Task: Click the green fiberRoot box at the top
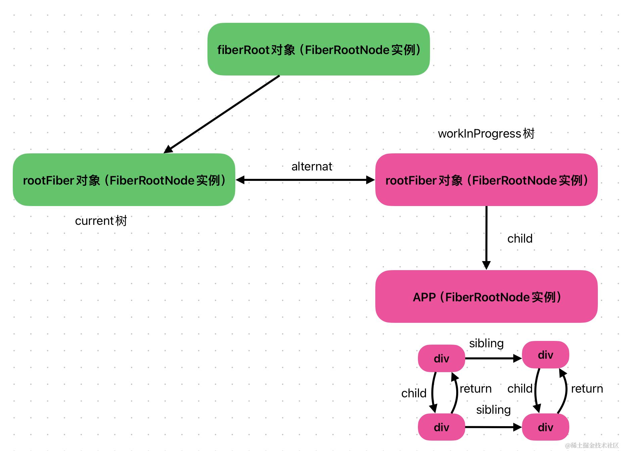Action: coord(318,49)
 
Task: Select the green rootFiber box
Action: coord(124,180)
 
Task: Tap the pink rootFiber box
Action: coord(486,180)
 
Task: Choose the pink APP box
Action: coord(486,297)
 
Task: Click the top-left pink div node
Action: coord(441,358)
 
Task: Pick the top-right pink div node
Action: coord(545,355)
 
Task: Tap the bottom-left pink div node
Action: coord(441,427)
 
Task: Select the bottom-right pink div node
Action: coord(545,427)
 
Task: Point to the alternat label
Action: coord(312,166)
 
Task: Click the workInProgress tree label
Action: coord(486,134)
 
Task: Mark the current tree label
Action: coord(101,221)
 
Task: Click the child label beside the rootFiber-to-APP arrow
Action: coord(520,239)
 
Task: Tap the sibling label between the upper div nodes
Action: coord(486,343)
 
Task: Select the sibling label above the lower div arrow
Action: coord(493,410)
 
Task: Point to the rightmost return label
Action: coord(587,389)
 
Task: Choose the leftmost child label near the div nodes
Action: coord(414,393)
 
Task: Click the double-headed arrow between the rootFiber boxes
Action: coord(305,180)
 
